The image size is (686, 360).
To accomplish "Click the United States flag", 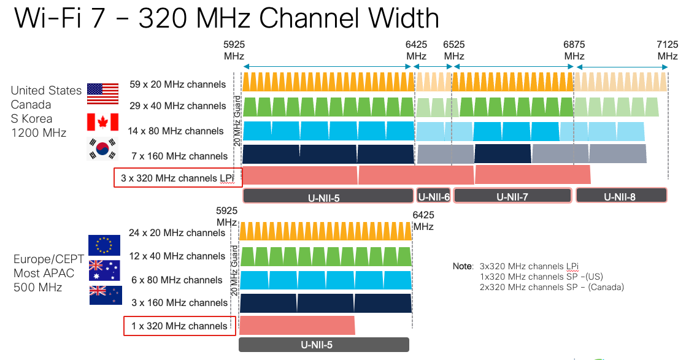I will pos(102,93).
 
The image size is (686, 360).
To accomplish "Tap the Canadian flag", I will pos(102,121).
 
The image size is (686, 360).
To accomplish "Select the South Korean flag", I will pos(102,148).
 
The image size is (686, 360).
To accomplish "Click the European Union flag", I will pos(104,245).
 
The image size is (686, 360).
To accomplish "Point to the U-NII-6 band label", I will pos(433,196).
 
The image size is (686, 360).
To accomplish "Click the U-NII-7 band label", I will pos(512,196).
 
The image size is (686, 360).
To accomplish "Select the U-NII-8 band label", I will pos(621,196).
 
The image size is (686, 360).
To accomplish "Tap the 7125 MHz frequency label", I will pos(667,50).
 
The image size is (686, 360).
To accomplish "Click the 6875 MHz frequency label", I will pos(574,50).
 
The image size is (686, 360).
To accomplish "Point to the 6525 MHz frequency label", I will pos(454,50).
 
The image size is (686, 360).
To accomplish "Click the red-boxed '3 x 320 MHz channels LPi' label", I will pos(178,178).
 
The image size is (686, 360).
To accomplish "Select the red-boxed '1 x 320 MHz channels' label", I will pos(180,326).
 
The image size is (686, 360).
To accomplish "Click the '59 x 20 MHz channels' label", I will pos(177,84).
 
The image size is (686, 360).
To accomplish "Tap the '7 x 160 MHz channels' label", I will pos(178,156).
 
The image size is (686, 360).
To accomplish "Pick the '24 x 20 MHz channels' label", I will pos(177,233).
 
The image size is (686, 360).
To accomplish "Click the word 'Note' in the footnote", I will pos(463,267).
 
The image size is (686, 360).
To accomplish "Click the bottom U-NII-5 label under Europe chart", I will pos(323,345).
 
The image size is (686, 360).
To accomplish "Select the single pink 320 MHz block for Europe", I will pos(297,325).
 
